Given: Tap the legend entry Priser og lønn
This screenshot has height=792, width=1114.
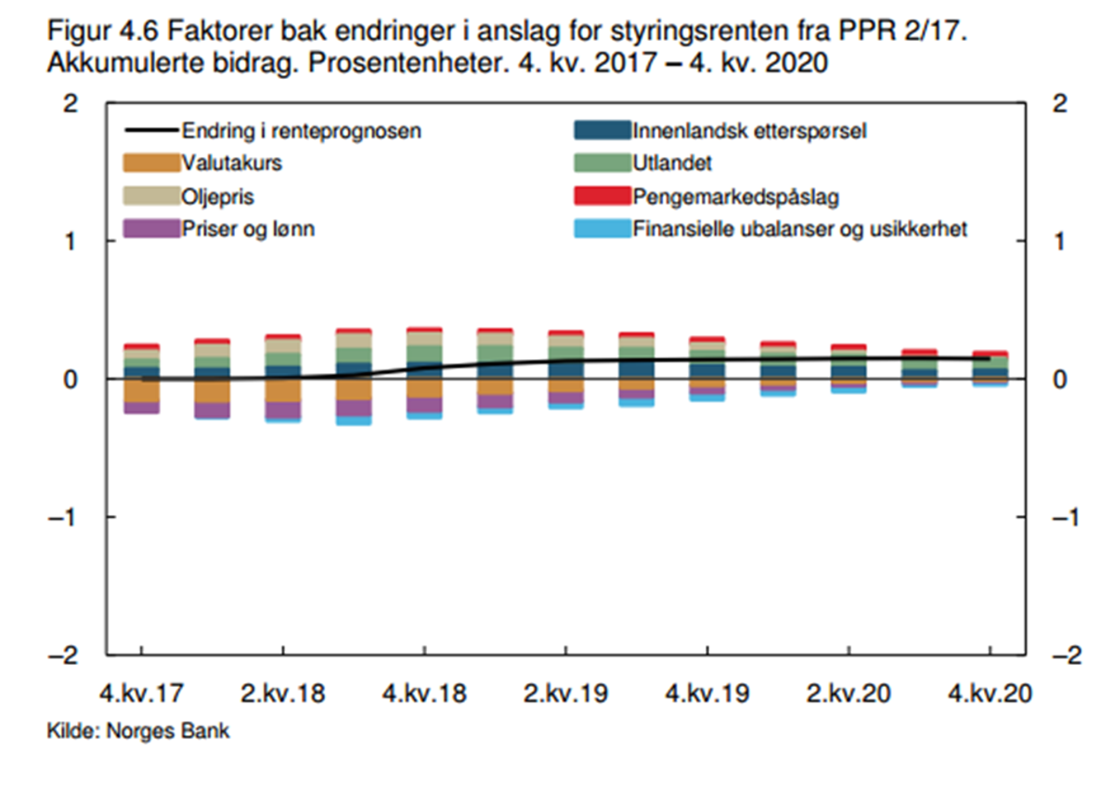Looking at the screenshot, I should pos(248,228).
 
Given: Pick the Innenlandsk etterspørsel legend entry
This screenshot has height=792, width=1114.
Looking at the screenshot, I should pos(749,131).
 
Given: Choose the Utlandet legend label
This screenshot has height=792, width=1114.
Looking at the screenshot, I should pos(672,163).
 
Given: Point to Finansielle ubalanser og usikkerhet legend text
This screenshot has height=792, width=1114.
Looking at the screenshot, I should pos(800,228).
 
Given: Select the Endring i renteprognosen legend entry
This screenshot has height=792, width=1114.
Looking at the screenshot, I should pos(302,131).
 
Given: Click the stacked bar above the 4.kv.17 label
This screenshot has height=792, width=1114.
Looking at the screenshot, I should pos(142,378).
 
